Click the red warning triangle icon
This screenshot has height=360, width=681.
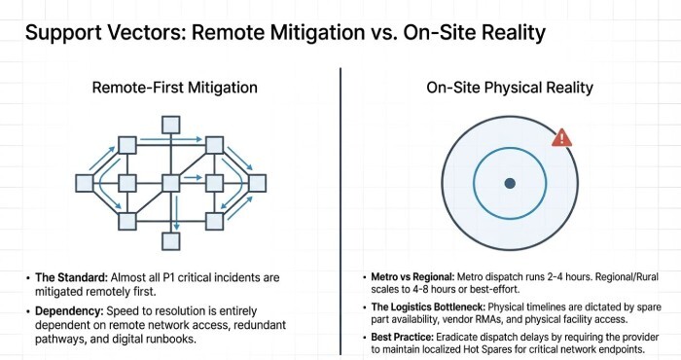(x=561, y=138)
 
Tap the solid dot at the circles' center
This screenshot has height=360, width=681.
(x=509, y=183)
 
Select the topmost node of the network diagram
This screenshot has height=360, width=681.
(x=170, y=124)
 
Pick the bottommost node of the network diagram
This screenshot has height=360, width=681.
(x=170, y=240)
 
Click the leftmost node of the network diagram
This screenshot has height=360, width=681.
(x=85, y=182)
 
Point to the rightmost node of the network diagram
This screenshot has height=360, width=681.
(x=257, y=182)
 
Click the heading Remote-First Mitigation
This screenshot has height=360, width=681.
(x=174, y=88)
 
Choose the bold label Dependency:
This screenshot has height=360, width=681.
(x=69, y=310)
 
